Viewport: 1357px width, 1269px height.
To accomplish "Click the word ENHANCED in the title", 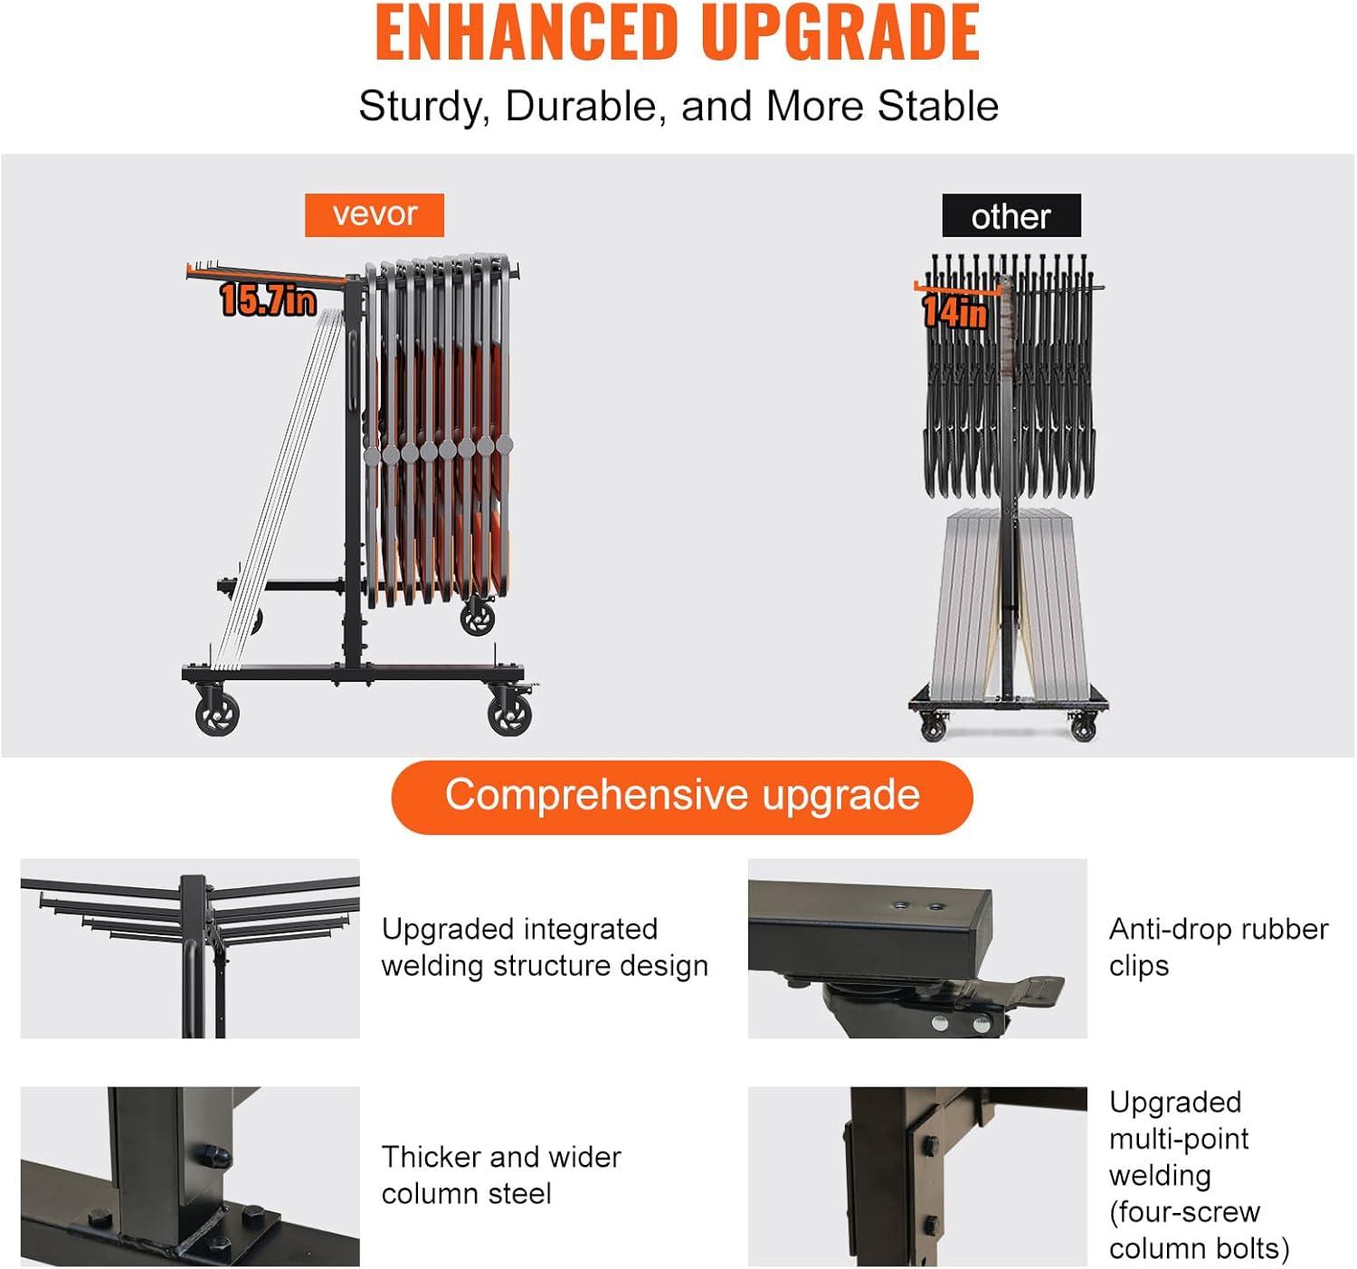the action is (x=527, y=33).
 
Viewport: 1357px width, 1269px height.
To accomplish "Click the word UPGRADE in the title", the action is (x=840, y=33).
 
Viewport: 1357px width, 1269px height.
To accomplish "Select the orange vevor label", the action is (x=375, y=215).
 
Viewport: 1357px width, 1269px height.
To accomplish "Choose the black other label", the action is (x=1011, y=216).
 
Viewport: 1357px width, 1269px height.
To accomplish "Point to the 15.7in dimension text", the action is (x=268, y=299).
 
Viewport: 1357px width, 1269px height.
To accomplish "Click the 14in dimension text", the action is (x=955, y=312).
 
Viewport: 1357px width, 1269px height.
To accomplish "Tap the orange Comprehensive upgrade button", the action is (x=682, y=797).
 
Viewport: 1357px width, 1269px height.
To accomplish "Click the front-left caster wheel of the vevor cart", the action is (x=217, y=713).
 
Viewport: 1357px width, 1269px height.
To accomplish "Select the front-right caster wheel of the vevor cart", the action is (x=510, y=713).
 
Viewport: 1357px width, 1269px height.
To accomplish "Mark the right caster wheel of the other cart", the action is (x=1083, y=728).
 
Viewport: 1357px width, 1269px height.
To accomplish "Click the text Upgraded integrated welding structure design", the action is (x=545, y=948).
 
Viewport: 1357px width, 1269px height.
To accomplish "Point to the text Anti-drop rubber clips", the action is (x=1219, y=948).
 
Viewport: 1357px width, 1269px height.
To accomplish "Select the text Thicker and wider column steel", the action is (x=501, y=1175).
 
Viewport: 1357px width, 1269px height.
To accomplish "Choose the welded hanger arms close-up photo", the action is (x=190, y=949).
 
